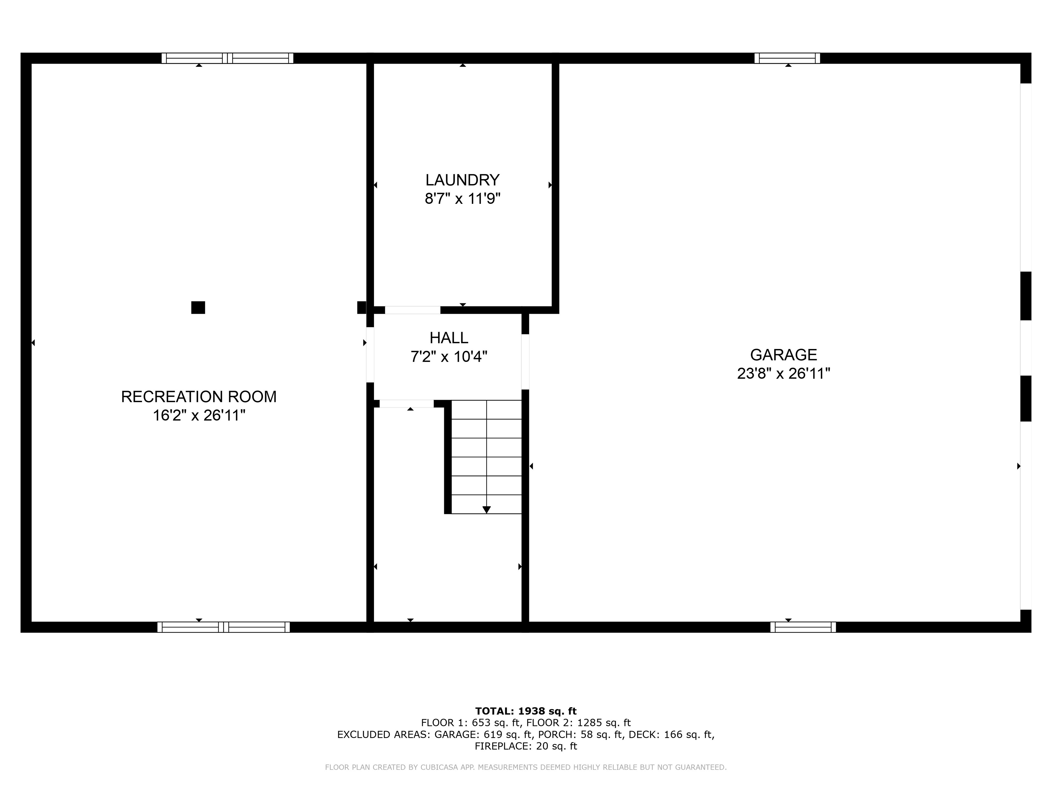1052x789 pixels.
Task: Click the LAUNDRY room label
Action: click(x=462, y=180)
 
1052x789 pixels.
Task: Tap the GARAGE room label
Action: click(x=783, y=355)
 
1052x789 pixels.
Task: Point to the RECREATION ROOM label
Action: click(x=199, y=397)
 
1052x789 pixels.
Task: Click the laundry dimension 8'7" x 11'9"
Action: click(x=462, y=198)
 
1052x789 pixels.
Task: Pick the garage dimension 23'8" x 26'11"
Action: click(x=783, y=373)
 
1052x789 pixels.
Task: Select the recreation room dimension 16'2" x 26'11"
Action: click(x=199, y=415)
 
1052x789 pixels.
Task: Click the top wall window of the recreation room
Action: click(x=227, y=58)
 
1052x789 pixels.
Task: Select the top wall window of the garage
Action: click(x=787, y=58)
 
